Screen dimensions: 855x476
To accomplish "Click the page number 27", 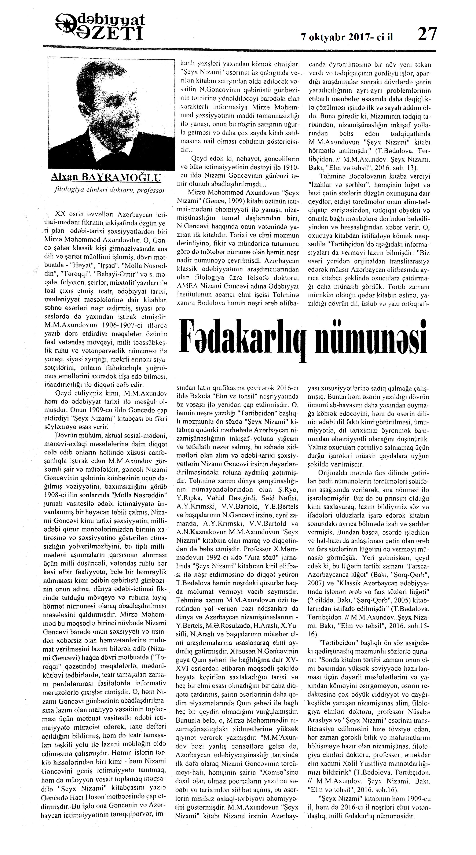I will click(x=427, y=34).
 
